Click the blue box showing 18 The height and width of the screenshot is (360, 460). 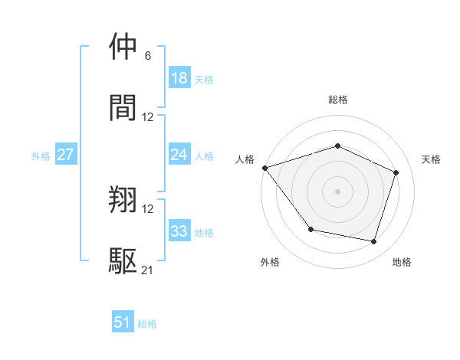179,78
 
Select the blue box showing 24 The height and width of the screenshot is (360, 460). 179,155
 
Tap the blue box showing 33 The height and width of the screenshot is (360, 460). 179,231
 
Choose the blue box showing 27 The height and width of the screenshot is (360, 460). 65,155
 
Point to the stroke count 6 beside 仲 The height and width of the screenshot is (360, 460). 148,56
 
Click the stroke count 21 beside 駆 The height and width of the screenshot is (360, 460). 148,270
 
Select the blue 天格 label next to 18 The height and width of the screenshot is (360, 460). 204,79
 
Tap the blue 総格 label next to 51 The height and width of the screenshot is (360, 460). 147,324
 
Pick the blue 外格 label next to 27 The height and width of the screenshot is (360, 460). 41,155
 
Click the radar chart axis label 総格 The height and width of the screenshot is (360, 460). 338,100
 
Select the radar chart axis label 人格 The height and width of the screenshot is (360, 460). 245,159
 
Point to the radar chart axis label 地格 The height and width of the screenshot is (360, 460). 402,262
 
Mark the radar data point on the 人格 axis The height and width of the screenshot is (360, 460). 264,168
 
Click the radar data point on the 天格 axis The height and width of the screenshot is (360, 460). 396,172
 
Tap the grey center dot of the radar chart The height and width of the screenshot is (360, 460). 338,191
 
